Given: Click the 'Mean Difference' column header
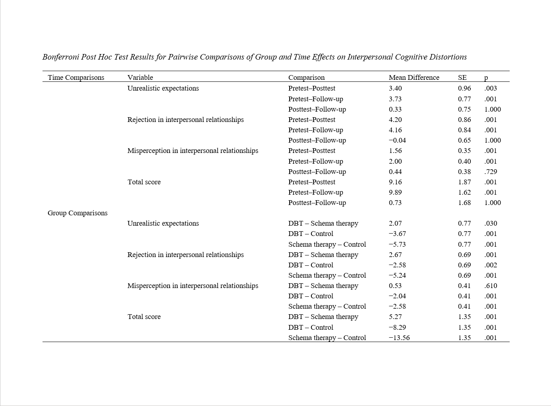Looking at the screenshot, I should coord(414,77).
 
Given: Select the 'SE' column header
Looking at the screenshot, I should coord(462,77).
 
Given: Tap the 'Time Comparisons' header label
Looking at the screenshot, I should coord(76,77).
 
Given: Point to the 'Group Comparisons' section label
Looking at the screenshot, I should coord(77,213).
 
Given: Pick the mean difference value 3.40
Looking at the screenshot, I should coord(395,88).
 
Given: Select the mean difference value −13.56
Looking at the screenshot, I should coord(399,338).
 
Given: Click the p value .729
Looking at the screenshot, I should coord(491,172).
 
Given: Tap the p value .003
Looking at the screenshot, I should coord(491,88).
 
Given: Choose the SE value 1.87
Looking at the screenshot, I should coord(464,182).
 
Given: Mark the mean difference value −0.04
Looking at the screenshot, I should coord(397,140).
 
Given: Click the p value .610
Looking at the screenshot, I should coord(491,286).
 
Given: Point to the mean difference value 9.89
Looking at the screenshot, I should coord(395,192).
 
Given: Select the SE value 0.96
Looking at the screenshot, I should coord(464,88).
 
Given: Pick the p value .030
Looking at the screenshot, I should coord(491,223).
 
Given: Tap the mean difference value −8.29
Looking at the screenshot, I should coord(397,327).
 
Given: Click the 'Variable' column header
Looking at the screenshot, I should coord(140,77).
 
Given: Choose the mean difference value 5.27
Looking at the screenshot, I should coord(395,317).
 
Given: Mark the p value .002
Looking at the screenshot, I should coord(491,265).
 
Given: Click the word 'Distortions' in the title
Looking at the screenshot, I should coord(448,57).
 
